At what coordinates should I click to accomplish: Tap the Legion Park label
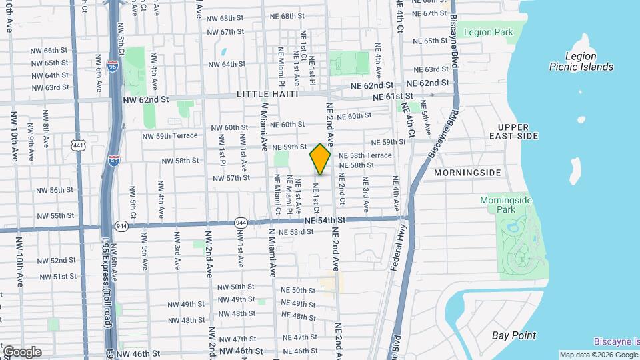(488, 32)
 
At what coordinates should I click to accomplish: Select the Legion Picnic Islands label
(581, 61)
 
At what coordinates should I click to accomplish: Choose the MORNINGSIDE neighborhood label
(467, 173)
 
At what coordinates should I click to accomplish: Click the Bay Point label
(514, 335)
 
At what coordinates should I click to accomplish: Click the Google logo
(21, 351)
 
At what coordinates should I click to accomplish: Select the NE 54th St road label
(325, 219)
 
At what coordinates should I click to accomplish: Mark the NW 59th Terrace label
(170, 135)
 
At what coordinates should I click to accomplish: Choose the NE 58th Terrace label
(365, 155)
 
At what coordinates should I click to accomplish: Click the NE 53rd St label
(296, 232)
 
